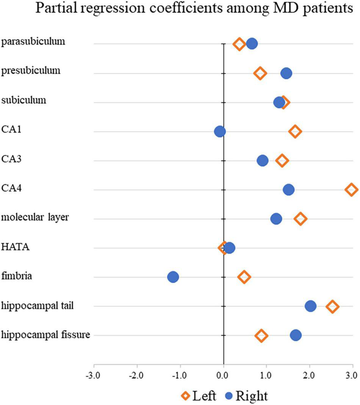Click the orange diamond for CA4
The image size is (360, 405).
click(351, 190)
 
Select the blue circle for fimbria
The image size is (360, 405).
click(173, 277)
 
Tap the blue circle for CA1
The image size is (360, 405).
click(220, 132)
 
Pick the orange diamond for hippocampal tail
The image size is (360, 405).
click(332, 306)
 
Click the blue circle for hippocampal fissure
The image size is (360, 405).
click(296, 335)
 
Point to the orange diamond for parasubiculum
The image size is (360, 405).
click(239, 44)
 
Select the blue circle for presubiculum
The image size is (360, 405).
click(286, 73)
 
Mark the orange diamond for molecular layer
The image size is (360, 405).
click(301, 219)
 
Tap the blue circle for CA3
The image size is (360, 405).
click(263, 161)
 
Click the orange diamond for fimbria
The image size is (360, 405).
click(244, 277)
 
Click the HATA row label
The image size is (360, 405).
click(16, 248)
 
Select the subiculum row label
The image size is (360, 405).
click(24, 100)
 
